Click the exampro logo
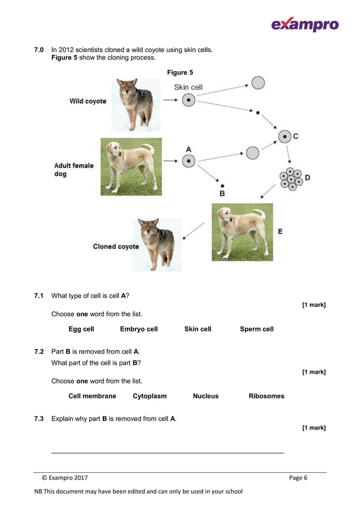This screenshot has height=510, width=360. coord(304,24)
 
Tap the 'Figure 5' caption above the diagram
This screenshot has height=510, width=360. coord(180,72)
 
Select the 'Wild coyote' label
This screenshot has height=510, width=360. coord(87,101)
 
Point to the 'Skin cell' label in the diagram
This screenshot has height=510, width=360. coord(188,88)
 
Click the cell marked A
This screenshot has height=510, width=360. coord(188,162)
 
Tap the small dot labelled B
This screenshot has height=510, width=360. coord(222,186)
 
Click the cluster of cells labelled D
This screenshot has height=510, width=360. coord(291,178)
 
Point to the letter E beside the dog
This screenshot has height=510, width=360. coord(280,232)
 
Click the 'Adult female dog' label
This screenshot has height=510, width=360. coord(73,169)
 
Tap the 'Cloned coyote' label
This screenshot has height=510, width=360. coord(116,246)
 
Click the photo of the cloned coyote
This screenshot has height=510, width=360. coord(157,244)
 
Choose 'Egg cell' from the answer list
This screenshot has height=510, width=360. coord(81,329)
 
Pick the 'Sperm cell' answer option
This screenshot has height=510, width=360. coord(256,329)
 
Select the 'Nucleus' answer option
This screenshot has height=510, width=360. coord(205,396)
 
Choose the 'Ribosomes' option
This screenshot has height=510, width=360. coord(266,396)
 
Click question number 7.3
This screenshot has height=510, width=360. coord(39,419)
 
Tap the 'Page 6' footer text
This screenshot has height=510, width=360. coord(298,478)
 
